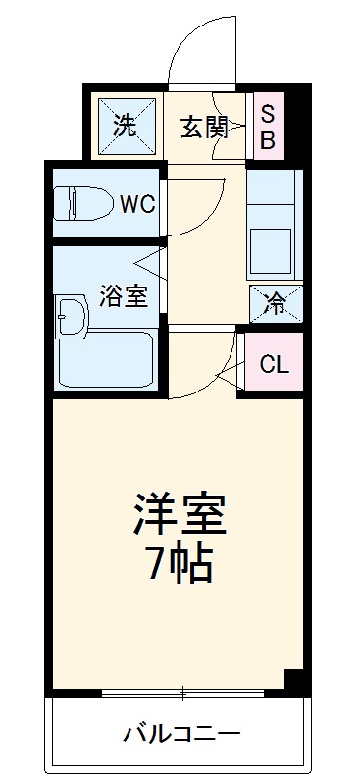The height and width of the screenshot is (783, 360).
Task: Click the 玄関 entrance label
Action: click(x=203, y=127)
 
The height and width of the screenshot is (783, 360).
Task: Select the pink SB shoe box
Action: click(x=267, y=126)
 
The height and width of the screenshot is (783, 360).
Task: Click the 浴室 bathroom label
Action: click(x=125, y=295)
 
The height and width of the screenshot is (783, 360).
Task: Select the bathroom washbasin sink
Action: click(x=72, y=315)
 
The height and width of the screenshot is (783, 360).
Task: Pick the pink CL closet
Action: click(x=274, y=364)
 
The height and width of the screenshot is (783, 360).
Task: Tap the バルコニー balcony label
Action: click(x=181, y=733)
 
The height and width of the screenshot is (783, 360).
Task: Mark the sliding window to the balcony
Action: click(x=181, y=694)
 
